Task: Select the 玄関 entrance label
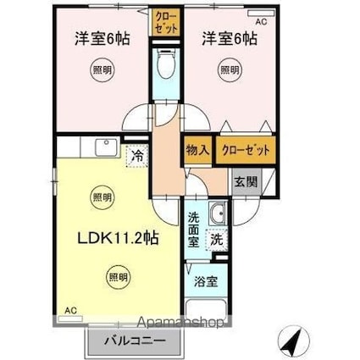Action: tap(246, 180)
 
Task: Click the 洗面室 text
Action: tap(195, 228)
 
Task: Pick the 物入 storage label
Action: tap(197, 150)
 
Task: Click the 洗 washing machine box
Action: tap(218, 239)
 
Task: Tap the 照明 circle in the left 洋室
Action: tap(102, 70)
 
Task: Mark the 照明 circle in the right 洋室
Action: tap(229, 70)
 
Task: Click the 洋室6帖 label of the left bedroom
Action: tap(95, 37)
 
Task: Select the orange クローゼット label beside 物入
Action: tap(246, 150)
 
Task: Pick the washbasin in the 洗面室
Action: tap(217, 213)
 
